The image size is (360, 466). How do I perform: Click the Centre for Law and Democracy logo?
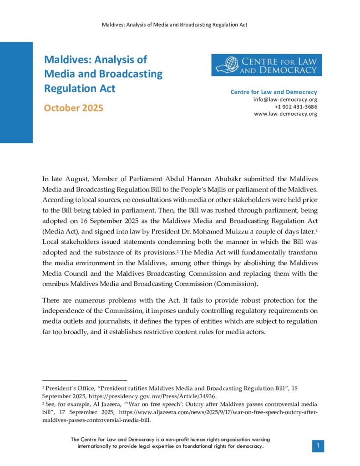pyautogui.click(x=266, y=65)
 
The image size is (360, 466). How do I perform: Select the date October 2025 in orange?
pyautogui.click(x=73, y=108)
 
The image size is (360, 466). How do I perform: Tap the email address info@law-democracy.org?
pyautogui.click(x=285, y=99)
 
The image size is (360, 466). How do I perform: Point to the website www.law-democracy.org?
pyautogui.click(x=285, y=114)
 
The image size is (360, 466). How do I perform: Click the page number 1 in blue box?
pyautogui.click(x=318, y=446)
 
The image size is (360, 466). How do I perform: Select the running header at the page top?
pyautogui.click(x=174, y=25)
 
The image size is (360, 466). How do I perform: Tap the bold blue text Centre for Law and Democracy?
pyautogui.click(x=274, y=92)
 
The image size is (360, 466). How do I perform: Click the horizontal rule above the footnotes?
pyautogui.click(x=84, y=380)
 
